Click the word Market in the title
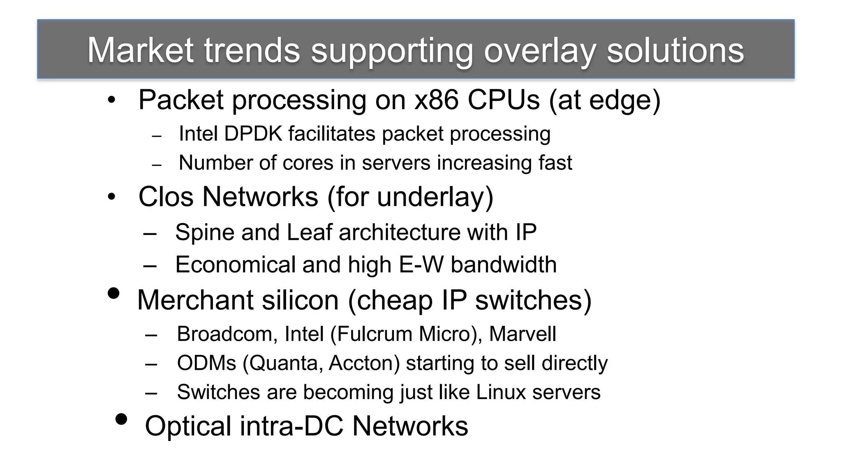[140, 50]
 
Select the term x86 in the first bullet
[436, 100]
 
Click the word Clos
[166, 197]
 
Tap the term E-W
[421, 264]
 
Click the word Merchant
[195, 300]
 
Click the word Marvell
[522, 334]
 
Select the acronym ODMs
[206, 363]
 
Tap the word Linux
[501, 392]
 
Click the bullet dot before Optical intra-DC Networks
[121, 419]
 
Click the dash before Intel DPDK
[157, 136]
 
